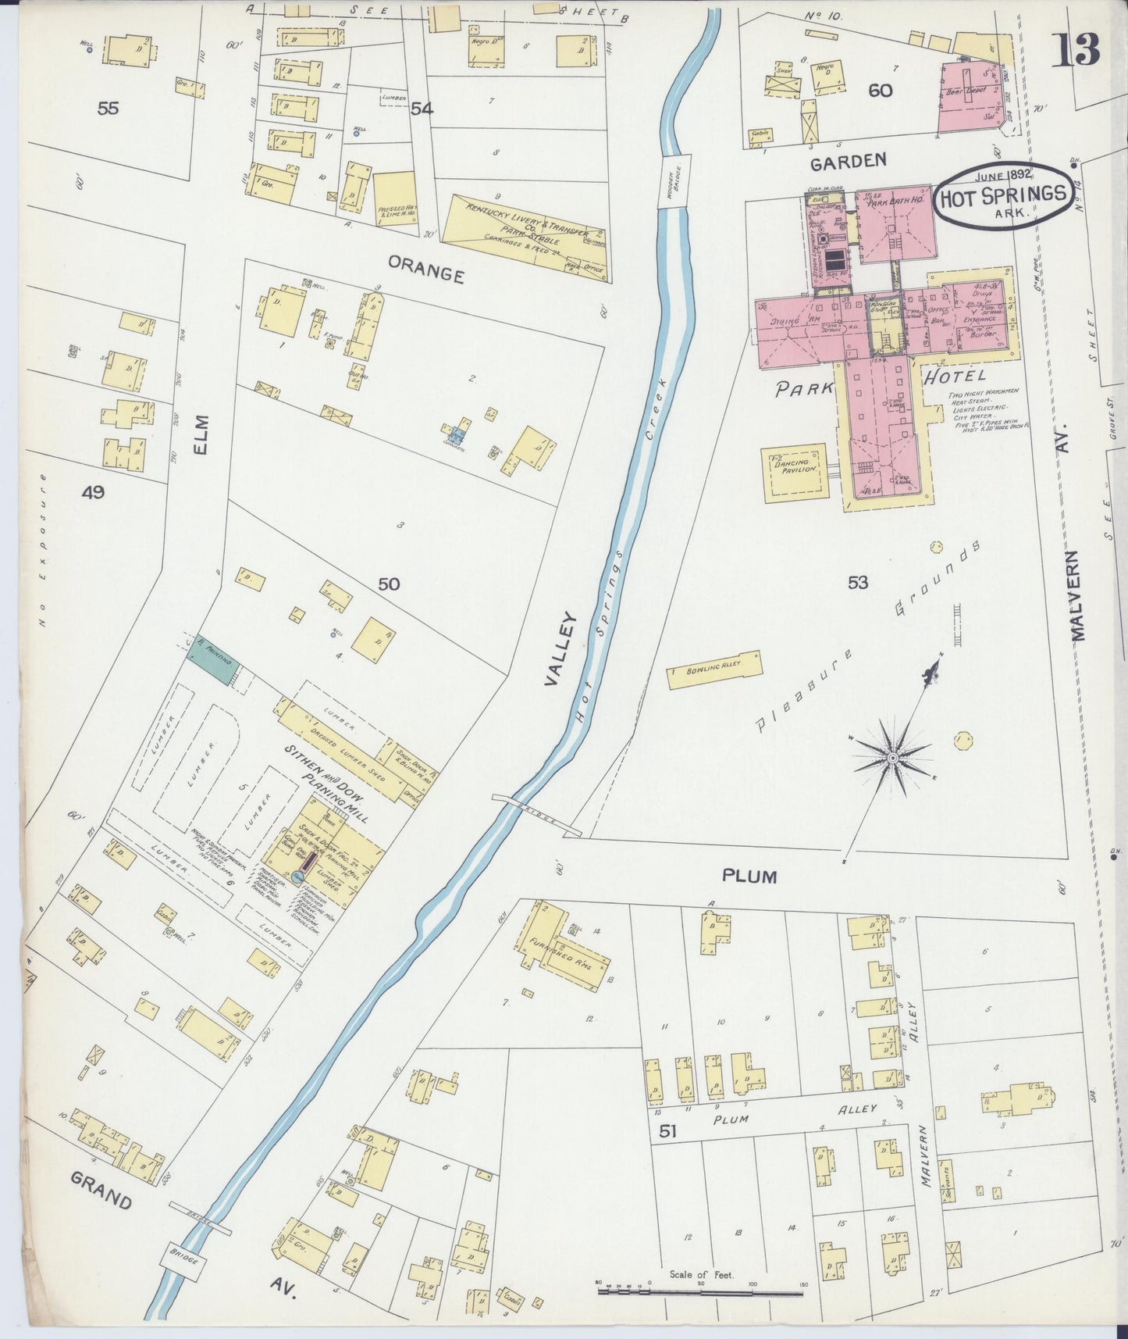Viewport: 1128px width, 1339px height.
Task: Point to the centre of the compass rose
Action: click(891, 757)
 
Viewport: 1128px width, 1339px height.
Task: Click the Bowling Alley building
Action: click(713, 669)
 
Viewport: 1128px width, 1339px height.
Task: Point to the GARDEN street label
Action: click(848, 161)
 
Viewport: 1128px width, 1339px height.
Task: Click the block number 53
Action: click(857, 582)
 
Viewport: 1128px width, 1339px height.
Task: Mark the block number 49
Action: click(94, 492)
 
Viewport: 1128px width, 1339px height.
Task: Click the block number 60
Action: click(880, 91)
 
